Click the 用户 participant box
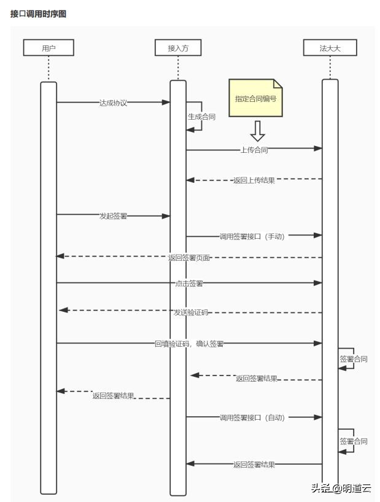(48, 48)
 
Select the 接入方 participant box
(177, 48)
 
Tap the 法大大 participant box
(330, 48)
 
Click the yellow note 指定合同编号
(255, 98)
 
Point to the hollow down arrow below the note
(257, 131)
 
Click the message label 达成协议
(113, 103)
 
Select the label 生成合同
(201, 116)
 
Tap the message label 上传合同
(254, 149)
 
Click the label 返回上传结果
(254, 180)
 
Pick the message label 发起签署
(113, 216)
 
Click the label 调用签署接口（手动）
(252, 236)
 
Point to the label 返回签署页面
(189, 258)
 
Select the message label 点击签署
(189, 284)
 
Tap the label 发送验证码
(190, 312)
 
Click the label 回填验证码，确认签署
(189, 344)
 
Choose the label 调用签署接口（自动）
(252, 417)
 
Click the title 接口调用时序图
(38, 14)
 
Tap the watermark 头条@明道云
(341, 488)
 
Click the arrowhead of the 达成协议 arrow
(166, 102)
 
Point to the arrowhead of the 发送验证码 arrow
(63, 311)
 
